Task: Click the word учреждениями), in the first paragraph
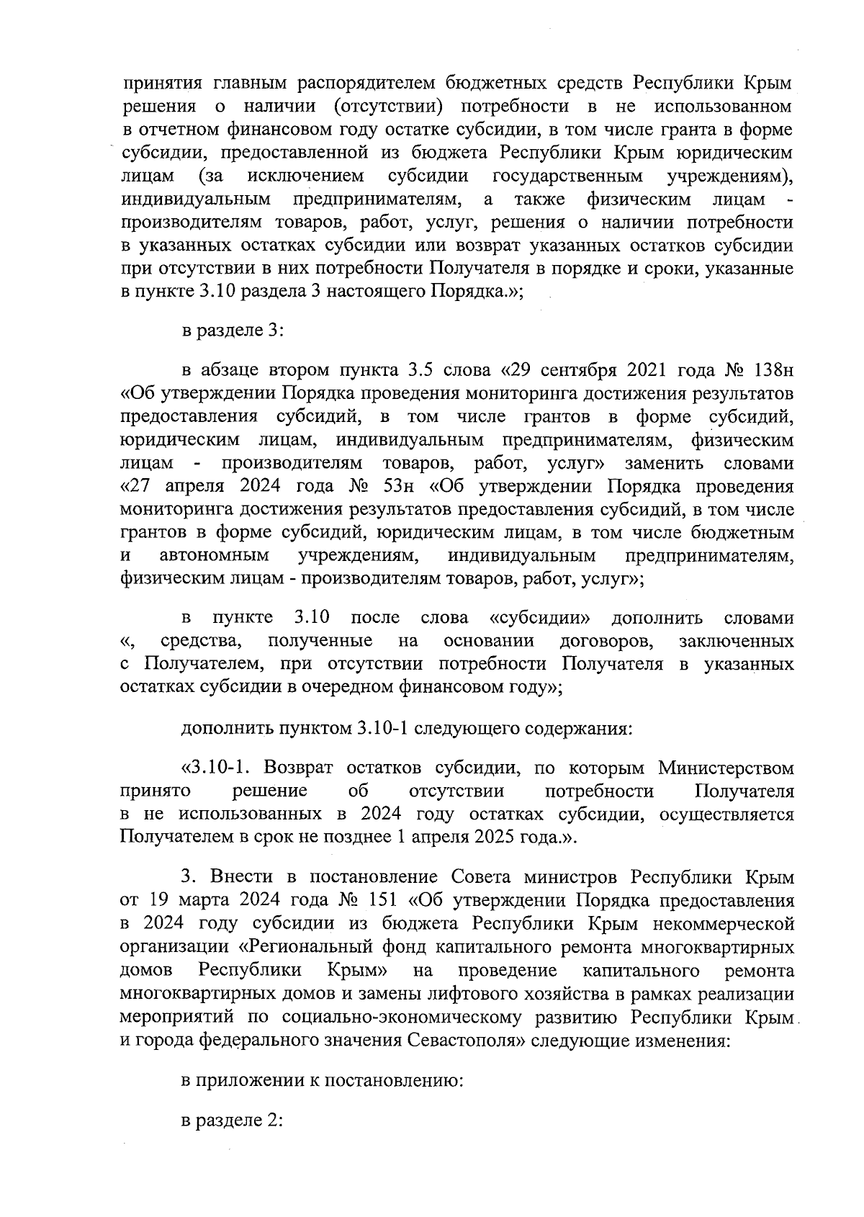(x=730, y=176)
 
